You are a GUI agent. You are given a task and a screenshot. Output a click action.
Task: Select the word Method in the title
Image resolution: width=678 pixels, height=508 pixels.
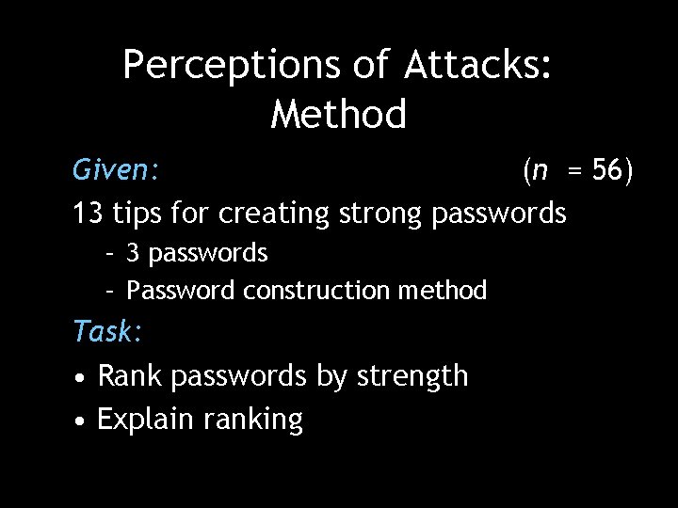(x=339, y=115)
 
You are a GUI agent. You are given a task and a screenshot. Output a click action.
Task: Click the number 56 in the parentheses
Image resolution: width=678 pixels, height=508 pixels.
(x=608, y=170)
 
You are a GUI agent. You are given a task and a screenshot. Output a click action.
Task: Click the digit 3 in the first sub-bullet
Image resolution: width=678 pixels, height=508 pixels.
(x=133, y=253)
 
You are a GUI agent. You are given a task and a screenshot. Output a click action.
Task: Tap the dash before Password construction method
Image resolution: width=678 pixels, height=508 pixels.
(x=109, y=291)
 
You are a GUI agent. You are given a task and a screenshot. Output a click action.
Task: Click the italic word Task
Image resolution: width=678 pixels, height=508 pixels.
(x=106, y=331)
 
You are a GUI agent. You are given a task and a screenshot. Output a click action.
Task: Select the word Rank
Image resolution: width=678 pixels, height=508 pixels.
(x=131, y=376)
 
